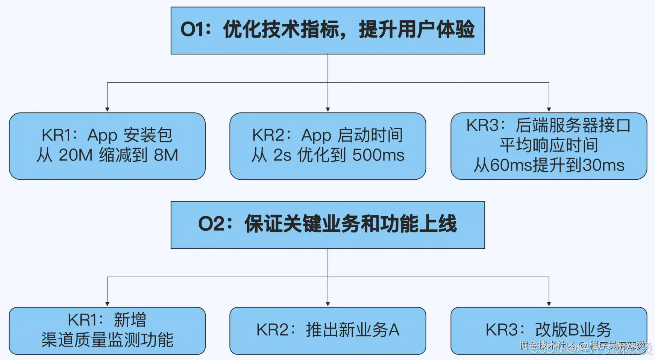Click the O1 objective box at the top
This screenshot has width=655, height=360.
click(327, 30)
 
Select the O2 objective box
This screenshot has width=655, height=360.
click(327, 225)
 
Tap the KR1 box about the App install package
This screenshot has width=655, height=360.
click(107, 146)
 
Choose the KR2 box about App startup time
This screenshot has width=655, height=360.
click(327, 146)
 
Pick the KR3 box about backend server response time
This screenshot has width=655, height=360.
click(549, 146)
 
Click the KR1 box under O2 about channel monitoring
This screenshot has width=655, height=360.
click(107, 331)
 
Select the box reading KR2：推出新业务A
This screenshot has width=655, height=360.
click(327, 331)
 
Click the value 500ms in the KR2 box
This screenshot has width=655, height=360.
click(378, 155)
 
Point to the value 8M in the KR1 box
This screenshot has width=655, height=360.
click(166, 155)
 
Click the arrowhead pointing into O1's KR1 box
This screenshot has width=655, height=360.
click(107, 109)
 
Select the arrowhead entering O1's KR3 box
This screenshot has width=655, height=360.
click(549, 109)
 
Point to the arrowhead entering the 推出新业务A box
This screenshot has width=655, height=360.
click(328, 304)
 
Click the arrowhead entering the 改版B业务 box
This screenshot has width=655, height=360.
click(549, 304)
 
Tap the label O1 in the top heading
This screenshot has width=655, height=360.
click(194, 29)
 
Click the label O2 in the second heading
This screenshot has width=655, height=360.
click(212, 224)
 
